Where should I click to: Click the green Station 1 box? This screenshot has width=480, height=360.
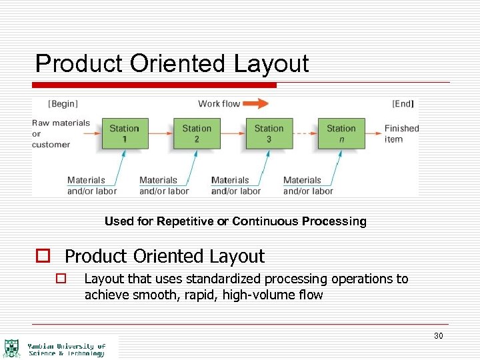[x=125, y=133]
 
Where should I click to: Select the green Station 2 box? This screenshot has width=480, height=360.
[x=197, y=133]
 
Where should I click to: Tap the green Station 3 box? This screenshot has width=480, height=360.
[x=269, y=133]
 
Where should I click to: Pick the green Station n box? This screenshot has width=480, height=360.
[x=341, y=133]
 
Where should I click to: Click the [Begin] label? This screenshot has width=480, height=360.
[x=63, y=103]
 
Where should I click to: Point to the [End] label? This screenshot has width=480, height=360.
[x=403, y=103]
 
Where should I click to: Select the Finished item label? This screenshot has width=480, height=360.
[x=401, y=133]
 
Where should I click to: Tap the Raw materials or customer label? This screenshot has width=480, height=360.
[x=60, y=133]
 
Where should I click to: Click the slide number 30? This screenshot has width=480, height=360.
[x=438, y=336]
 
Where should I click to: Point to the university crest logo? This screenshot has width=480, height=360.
[x=12, y=348]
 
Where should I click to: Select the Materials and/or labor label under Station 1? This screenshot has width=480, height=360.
[x=92, y=185]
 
